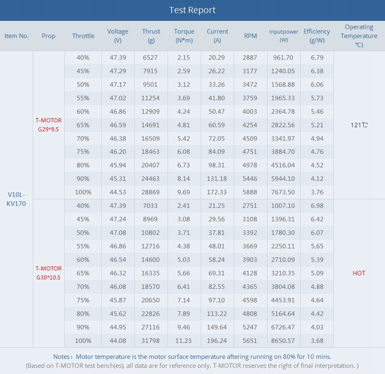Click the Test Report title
(192, 10)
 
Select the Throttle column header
(83, 36)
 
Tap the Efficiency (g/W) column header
(317, 36)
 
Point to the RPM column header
(250, 36)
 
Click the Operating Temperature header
(359, 36)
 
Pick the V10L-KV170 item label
(16, 199)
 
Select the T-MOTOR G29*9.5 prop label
(49, 125)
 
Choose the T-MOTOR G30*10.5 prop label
(49, 273)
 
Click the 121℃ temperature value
(359, 125)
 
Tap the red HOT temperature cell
(359, 273)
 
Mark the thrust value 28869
(150, 192)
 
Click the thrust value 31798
(150, 340)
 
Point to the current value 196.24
(217, 340)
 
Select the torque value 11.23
(184, 340)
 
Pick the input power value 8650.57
(283, 340)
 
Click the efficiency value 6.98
(317, 205)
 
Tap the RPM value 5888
(250, 192)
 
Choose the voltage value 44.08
(118, 340)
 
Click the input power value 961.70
(283, 58)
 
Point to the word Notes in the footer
(63, 357)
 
